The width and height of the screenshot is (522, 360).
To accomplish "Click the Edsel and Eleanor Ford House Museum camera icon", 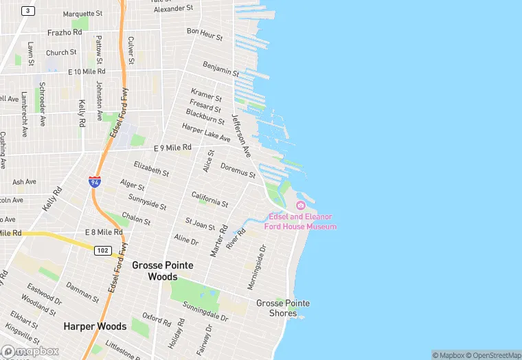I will (x=300, y=205).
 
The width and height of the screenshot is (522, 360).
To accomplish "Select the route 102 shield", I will (x=102, y=251).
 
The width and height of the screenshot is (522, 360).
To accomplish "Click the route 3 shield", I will (x=27, y=10).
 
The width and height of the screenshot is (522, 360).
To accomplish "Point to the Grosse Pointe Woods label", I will (x=163, y=271).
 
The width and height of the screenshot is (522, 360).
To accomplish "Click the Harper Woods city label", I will (x=95, y=326).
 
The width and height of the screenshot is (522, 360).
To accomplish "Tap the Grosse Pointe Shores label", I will (x=283, y=308).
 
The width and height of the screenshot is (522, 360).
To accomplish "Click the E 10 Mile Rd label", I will (x=87, y=71).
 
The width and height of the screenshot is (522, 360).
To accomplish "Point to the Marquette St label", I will (x=82, y=13).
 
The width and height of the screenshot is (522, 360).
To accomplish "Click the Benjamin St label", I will (x=220, y=69).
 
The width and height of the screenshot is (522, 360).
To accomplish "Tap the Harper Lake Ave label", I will (x=206, y=133).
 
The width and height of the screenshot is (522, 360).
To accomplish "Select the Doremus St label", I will (x=238, y=170).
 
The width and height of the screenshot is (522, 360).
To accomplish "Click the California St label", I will (x=209, y=199).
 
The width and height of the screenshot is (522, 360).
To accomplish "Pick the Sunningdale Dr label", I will (x=206, y=316).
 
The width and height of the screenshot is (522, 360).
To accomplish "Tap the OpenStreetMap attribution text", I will (x=492, y=355).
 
